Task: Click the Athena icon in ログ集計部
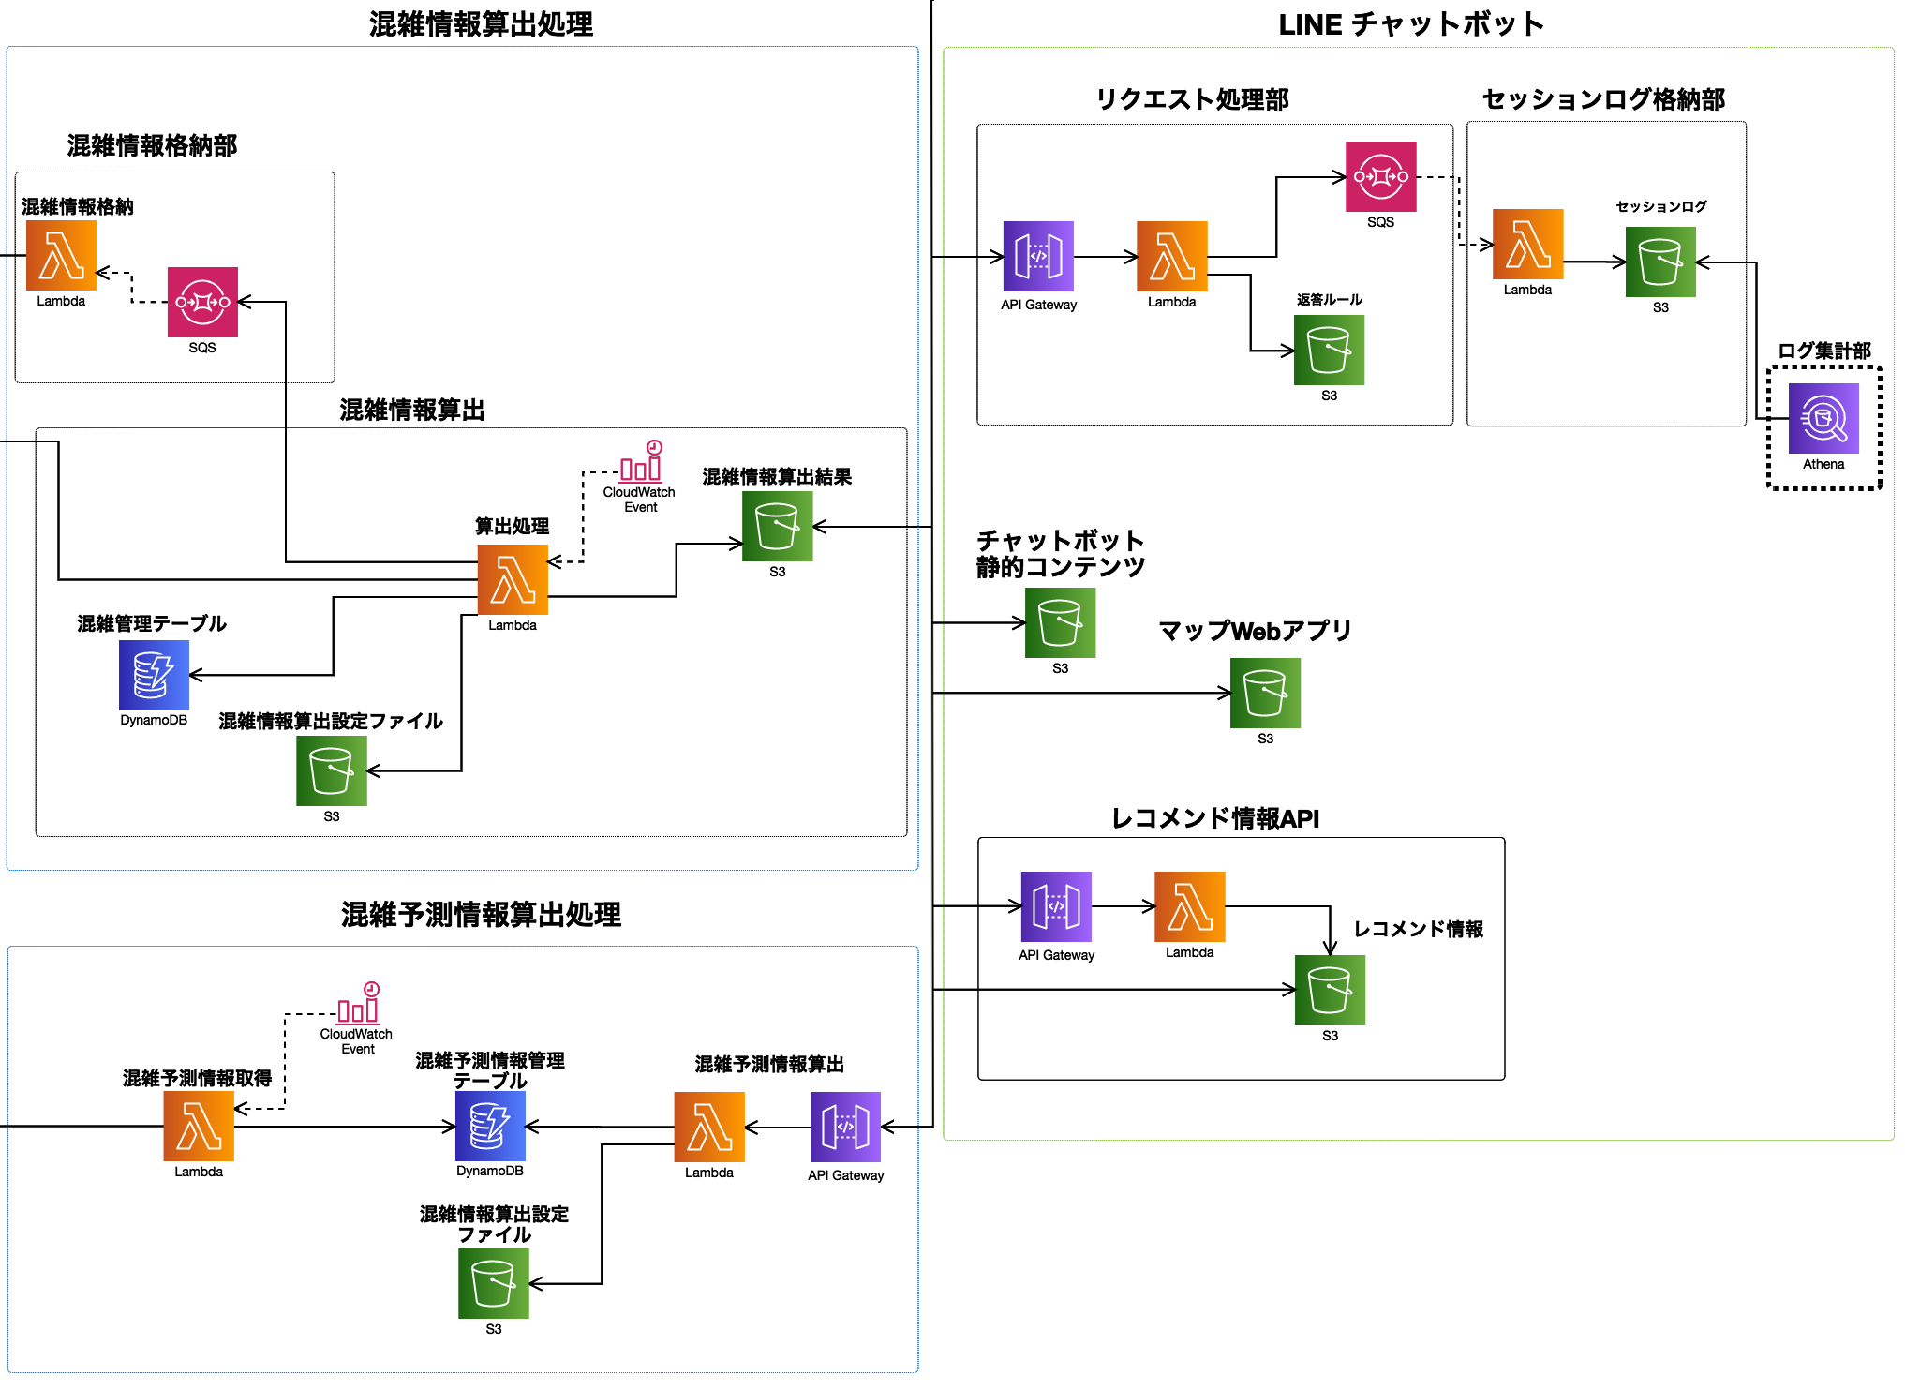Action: (x=1823, y=419)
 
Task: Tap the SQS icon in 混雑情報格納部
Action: (x=202, y=302)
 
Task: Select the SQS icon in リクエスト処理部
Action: (x=1380, y=177)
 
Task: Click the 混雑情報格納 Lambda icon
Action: (x=61, y=256)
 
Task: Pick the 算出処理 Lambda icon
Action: (x=513, y=579)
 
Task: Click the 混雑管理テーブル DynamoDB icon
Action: (x=154, y=675)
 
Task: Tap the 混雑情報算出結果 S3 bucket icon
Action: (x=777, y=527)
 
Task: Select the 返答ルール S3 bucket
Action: (x=1329, y=350)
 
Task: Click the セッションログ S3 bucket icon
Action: (x=1660, y=262)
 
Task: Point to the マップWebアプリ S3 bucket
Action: (x=1265, y=693)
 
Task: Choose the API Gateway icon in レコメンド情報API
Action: (x=1056, y=906)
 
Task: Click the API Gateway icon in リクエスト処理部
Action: (x=1038, y=256)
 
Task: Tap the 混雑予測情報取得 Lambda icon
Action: (x=199, y=1127)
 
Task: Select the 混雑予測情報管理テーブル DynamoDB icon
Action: (x=490, y=1127)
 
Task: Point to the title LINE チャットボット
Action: (x=1411, y=24)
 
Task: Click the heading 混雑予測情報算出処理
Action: (x=481, y=914)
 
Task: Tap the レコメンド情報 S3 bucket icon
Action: (x=1330, y=990)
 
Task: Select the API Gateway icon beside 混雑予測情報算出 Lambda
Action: (x=845, y=1127)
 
